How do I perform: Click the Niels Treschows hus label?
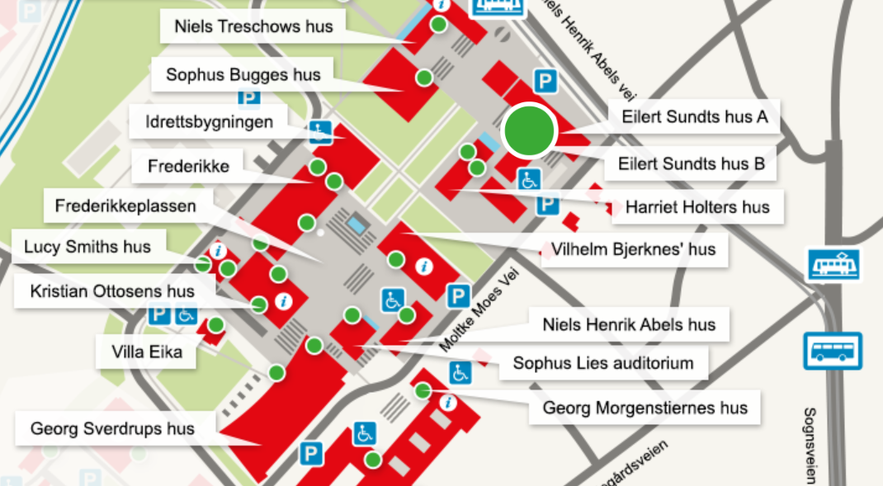(x=254, y=26)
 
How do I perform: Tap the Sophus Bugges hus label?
(x=243, y=75)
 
